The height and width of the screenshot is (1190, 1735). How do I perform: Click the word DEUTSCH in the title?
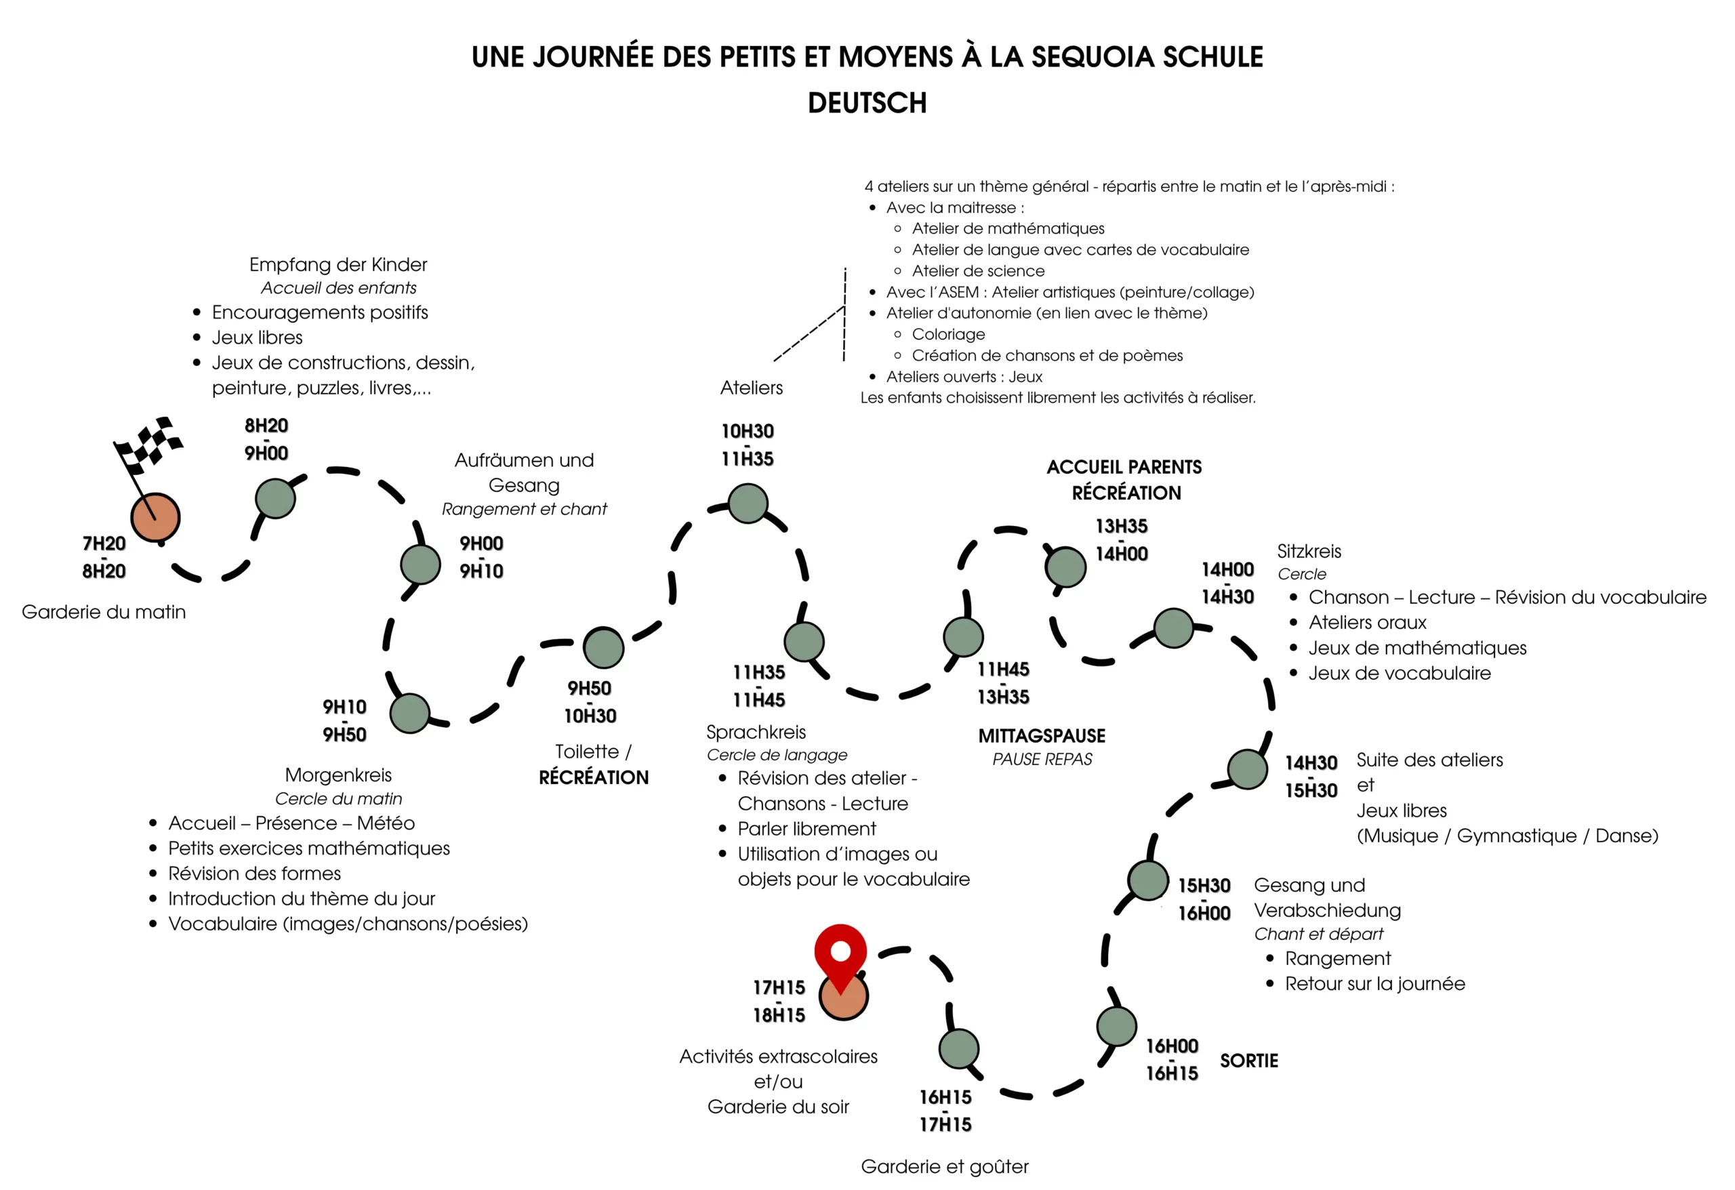pyautogui.click(x=867, y=103)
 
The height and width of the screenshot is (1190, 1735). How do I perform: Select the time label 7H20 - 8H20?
pyautogui.click(x=104, y=557)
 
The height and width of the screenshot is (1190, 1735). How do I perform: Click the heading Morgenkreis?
pyautogui.click(x=338, y=775)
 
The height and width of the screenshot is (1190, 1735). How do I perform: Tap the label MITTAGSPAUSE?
pyautogui.click(x=1042, y=736)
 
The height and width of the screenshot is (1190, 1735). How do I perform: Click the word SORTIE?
pyautogui.click(x=1248, y=1061)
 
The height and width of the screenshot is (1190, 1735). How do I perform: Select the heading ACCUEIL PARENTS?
pyautogui.click(x=1124, y=468)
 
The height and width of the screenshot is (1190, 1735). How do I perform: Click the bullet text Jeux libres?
pyautogui.click(x=257, y=337)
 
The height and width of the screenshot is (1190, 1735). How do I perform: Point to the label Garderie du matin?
pyautogui.click(x=104, y=612)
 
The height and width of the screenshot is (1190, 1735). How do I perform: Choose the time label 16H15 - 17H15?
pyautogui.click(x=945, y=1111)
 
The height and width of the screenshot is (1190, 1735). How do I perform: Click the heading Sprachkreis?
pyautogui.click(x=756, y=733)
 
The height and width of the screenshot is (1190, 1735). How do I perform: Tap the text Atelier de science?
pyautogui.click(x=978, y=271)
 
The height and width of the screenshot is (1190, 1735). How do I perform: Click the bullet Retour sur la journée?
pyautogui.click(x=1374, y=984)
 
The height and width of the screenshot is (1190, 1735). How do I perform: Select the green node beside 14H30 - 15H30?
pyautogui.click(x=1247, y=769)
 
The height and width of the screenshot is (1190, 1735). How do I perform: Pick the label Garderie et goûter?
pyautogui.click(x=944, y=1167)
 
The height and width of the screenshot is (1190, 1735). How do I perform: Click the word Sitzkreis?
pyautogui.click(x=1309, y=552)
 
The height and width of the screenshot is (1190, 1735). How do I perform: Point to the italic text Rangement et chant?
pyautogui.click(x=524, y=509)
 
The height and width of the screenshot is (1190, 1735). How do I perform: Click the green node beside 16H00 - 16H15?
pyautogui.click(x=1116, y=1027)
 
